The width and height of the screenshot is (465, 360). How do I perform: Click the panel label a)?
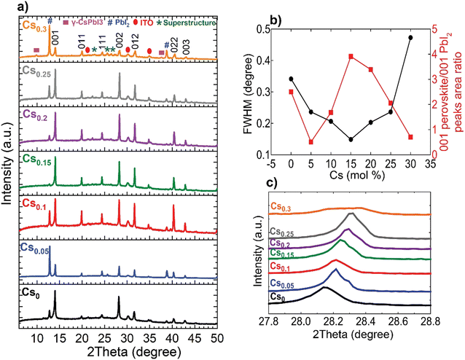click(8, 7)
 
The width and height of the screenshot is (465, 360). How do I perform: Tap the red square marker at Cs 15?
click(351, 56)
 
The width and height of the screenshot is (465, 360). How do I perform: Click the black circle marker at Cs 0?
click(292, 79)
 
